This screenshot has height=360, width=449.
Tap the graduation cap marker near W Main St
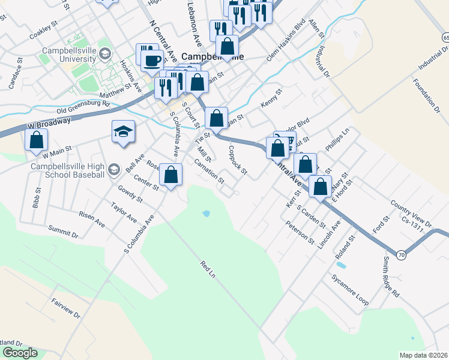point(123,133)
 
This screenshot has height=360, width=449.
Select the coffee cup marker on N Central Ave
point(152,60)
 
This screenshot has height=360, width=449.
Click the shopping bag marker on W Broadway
point(37,141)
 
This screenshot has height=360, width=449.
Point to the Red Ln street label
point(207,269)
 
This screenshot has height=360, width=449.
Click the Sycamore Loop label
point(349,287)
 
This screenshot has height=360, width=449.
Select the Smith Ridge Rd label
point(391,277)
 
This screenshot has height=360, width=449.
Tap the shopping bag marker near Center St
point(171,175)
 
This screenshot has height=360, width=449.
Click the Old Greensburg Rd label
point(83,107)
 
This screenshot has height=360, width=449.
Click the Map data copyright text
point(424,355)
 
